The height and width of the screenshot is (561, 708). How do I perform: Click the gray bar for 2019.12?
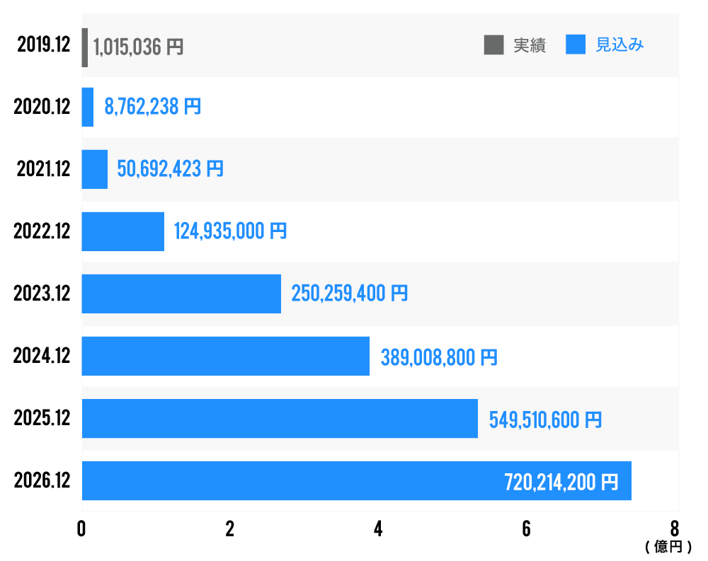(85, 47)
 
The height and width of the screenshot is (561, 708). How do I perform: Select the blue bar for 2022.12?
(123, 231)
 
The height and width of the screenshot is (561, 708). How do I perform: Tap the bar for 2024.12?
(225, 356)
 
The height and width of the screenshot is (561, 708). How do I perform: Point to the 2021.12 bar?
(95, 169)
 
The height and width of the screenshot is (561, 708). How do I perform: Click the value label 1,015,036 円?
(138, 47)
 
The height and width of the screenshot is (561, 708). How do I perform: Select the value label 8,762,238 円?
(152, 107)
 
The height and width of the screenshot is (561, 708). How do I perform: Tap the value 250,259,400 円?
(350, 293)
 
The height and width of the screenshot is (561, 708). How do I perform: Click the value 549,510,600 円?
(545, 419)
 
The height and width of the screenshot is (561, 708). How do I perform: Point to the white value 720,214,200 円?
(561, 482)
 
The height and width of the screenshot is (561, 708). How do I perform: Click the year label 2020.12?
(42, 107)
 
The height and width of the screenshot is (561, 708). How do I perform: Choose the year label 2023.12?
(42, 293)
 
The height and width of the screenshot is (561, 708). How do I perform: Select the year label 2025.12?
(42, 418)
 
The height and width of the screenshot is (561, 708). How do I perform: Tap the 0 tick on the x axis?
(82, 529)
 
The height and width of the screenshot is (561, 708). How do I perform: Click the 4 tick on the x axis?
(378, 529)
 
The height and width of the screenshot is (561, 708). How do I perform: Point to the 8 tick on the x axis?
(675, 529)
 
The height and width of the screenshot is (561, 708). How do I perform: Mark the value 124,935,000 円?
(230, 231)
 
